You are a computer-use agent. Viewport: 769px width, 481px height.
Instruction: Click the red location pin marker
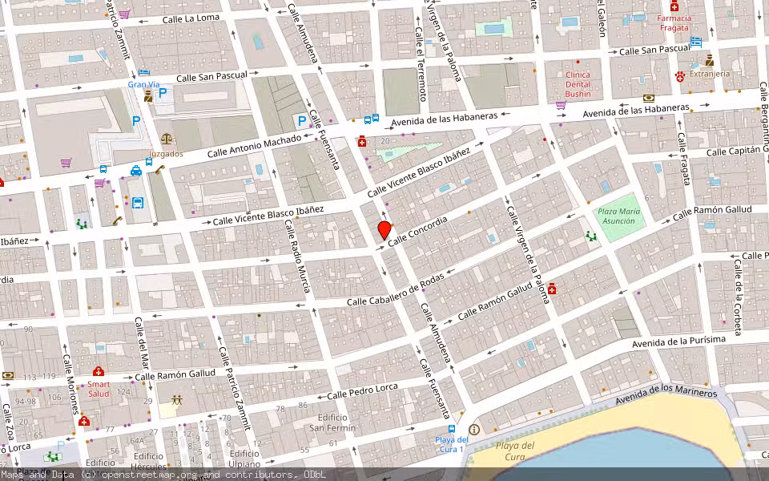click(x=384, y=231)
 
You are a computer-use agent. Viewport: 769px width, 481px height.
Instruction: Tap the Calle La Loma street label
click(x=191, y=18)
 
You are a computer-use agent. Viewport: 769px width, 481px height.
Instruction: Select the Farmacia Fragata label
click(x=674, y=22)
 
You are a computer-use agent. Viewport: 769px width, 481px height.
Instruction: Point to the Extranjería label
click(x=710, y=74)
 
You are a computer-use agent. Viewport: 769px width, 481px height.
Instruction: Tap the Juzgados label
click(x=165, y=153)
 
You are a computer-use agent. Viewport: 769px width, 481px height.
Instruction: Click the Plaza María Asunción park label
click(x=619, y=216)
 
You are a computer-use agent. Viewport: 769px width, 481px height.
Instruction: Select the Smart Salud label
click(x=99, y=389)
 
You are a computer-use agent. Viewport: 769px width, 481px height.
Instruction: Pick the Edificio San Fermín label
click(x=332, y=422)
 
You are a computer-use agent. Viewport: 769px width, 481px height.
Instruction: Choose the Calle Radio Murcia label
click(x=296, y=257)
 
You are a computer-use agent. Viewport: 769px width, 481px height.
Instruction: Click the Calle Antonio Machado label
click(x=254, y=146)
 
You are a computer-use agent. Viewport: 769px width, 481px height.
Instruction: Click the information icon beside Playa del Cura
click(x=474, y=430)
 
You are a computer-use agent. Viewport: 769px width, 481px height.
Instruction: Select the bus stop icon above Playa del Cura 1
click(x=452, y=430)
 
